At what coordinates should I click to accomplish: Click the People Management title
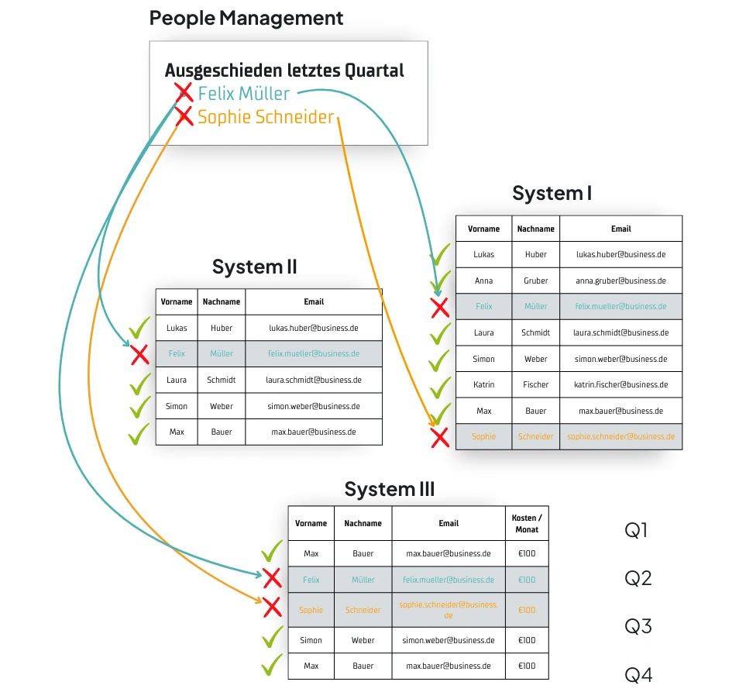tap(246, 18)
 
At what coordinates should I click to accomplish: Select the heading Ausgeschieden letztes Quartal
tap(284, 71)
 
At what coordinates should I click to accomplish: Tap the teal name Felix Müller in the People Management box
tap(243, 94)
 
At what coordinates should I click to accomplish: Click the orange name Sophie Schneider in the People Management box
tap(265, 117)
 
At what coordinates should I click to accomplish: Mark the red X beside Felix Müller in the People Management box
tap(184, 93)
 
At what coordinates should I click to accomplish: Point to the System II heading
tap(254, 267)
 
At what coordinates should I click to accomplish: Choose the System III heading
tap(389, 489)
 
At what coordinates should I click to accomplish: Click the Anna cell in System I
tap(483, 281)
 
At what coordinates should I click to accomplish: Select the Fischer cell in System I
tap(535, 384)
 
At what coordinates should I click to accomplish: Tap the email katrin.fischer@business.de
tap(621, 384)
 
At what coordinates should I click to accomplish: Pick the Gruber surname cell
tap(535, 281)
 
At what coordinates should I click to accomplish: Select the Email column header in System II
tap(314, 301)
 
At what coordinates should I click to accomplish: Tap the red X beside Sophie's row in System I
tap(440, 438)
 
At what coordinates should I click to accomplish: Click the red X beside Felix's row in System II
tap(139, 355)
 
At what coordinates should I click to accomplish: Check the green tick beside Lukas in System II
tap(139, 329)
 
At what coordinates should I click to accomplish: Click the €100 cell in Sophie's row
tap(527, 610)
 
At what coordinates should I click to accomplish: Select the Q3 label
tap(638, 626)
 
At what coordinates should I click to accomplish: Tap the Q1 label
tap(636, 531)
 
